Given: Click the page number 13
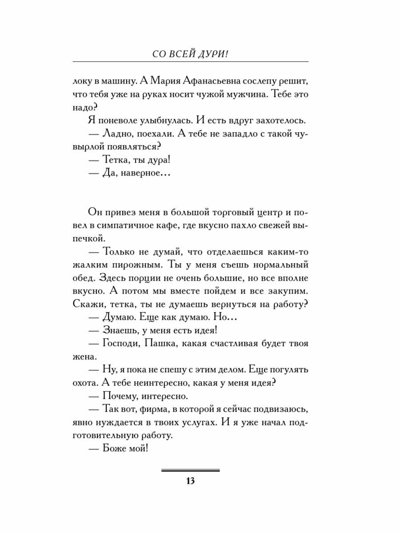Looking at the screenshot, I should pos(191,483).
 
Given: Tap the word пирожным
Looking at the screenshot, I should pos(138,265).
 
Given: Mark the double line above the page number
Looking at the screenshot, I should pos(191,470).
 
